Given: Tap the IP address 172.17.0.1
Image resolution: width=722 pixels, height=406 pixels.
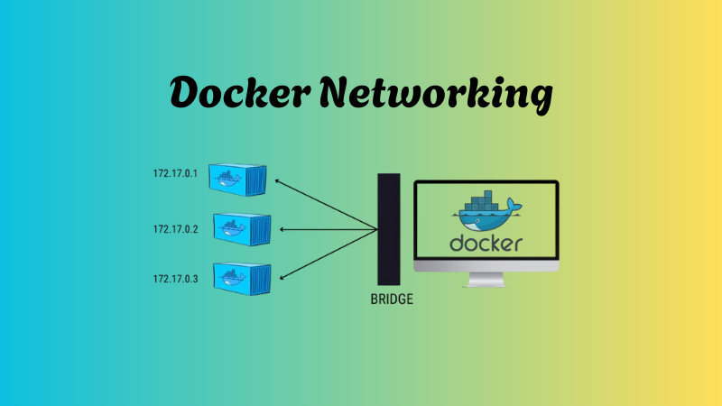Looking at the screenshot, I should point(175,171).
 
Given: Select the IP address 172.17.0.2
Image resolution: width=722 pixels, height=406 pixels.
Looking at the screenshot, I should point(175,229).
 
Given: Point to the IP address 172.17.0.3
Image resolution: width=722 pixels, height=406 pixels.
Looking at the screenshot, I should point(175,279).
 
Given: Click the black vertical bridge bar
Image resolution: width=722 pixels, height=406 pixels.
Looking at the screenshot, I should point(389,229).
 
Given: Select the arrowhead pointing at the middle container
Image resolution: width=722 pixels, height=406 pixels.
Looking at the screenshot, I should point(283,229).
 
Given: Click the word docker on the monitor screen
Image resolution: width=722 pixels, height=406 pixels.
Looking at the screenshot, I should point(486,244).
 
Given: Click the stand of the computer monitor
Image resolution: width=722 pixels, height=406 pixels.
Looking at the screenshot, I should point(486,281).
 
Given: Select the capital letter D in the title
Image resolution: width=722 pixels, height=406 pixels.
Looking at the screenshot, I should point(187,93).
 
